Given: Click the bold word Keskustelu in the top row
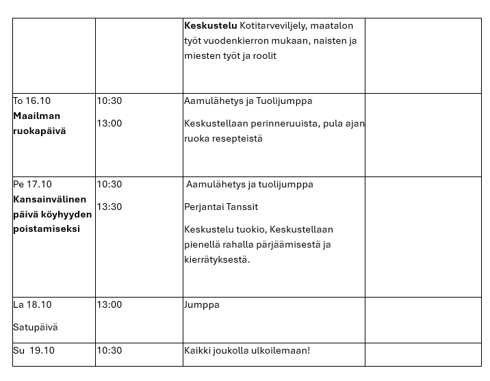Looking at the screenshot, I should tap(211, 25).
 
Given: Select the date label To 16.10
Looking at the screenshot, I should tap(32, 101).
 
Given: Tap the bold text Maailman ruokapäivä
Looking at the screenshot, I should tap(40, 123).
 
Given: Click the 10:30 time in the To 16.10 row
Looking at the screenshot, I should tap(109, 101).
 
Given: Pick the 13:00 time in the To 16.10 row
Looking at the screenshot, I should tap(109, 123).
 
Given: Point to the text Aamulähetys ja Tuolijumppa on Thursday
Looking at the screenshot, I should tap(248, 101).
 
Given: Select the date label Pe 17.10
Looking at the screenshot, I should tap(32, 184).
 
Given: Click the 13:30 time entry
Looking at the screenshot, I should tap(109, 207).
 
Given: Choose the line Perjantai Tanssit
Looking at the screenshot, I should tap(221, 207).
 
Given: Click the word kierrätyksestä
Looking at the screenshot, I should tap(217, 259).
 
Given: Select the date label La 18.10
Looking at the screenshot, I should tap(32, 304).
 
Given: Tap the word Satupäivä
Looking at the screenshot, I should tap(36, 327).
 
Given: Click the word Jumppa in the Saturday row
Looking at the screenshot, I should tap(201, 304).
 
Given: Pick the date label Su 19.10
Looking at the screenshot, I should tap(34, 350).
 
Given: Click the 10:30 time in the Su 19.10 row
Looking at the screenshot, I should tap(109, 350).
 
